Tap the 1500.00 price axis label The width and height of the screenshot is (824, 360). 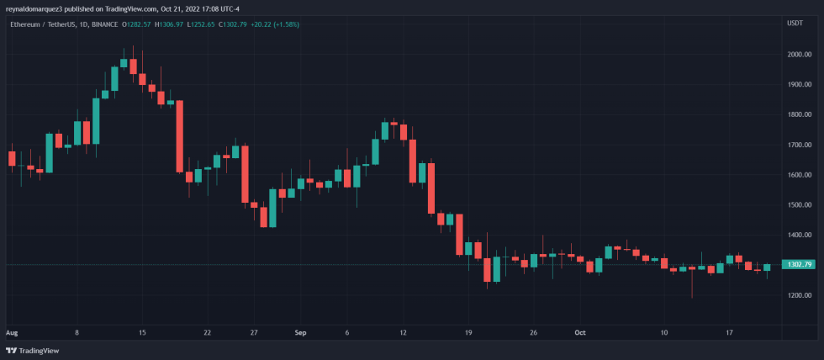click(799, 205)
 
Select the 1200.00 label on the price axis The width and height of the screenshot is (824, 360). click(799, 296)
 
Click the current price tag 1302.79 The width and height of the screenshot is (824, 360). click(798, 265)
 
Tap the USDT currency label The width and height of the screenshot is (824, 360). click(795, 24)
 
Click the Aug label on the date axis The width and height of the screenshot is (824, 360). click(12, 333)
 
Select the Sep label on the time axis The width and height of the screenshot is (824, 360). click(300, 333)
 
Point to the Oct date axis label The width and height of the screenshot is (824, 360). click(579, 333)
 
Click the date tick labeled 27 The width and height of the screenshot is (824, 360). click(254, 333)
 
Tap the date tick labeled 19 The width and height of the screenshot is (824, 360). click(468, 333)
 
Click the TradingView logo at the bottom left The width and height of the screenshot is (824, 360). click(26, 350)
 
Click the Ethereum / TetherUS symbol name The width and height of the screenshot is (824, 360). click(37, 24)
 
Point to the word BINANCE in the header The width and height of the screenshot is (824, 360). click(104, 24)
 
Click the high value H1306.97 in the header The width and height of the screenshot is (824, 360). click(168, 24)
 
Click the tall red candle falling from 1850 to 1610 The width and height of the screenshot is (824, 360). click(180, 136)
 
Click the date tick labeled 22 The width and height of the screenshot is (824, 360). click(207, 333)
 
